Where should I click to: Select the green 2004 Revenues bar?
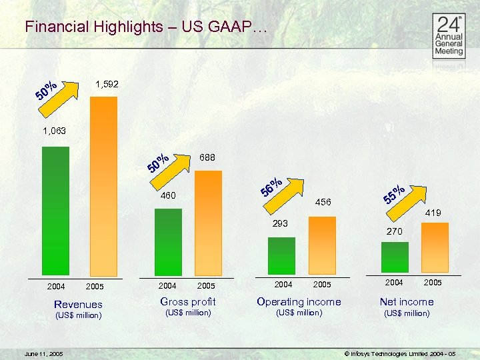[55, 210]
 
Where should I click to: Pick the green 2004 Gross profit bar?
[167, 241]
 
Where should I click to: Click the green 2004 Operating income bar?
[281, 255]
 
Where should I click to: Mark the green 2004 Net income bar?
[395, 257]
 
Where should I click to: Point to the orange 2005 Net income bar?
[435, 247]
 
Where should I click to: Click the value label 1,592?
[107, 85]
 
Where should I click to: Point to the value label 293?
[280, 223]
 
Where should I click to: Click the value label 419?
[434, 213]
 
